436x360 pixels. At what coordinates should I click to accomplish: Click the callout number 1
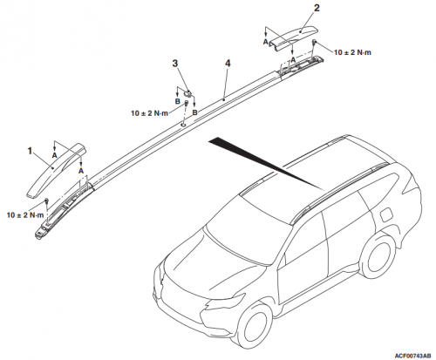30,151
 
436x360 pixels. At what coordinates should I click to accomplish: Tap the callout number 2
317,8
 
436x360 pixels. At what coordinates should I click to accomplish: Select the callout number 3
175,63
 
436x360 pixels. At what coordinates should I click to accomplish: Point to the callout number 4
228,63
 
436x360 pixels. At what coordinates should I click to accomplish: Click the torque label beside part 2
352,52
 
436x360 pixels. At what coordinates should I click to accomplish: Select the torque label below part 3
149,113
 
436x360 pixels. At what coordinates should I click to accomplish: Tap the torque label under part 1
25,215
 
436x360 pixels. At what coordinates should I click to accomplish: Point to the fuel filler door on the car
385,215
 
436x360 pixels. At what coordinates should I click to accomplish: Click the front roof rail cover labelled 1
57,171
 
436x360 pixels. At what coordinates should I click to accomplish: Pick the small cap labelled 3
187,93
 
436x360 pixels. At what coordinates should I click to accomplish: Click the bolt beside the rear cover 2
314,43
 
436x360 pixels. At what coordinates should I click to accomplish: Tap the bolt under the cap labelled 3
186,103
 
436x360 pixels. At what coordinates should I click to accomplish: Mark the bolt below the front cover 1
46,201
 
